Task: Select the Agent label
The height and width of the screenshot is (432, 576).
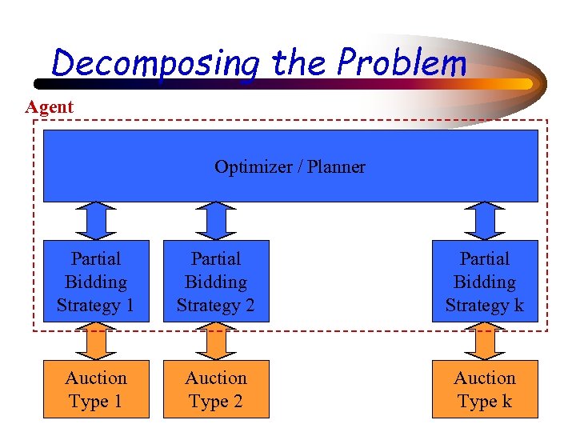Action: (49, 106)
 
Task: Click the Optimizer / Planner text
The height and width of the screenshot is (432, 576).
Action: (290, 167)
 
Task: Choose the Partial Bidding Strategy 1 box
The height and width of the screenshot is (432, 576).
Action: (96, 282)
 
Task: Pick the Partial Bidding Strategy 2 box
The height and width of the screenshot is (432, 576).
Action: (216, 282)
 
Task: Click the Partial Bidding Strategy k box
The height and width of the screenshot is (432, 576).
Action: (485, 282)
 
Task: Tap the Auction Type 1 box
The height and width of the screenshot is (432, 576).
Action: (96, 389)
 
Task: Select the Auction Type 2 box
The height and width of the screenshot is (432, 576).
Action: (216, 389)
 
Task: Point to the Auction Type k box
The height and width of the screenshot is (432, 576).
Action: (485, 389)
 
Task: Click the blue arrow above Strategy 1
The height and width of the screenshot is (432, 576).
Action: (96, 221)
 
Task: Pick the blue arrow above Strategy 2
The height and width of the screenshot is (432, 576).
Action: (216, 221)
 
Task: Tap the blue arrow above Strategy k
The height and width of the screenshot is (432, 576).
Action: (485, 221)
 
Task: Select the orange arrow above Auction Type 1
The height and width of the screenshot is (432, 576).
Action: (96, 342)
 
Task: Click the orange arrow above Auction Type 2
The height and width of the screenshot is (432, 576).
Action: (216, 342)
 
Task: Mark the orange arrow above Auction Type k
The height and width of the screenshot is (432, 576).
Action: (485, 342)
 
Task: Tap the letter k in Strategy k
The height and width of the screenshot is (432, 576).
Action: (518, 306)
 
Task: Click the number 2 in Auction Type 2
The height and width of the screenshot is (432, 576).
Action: (238, 401)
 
